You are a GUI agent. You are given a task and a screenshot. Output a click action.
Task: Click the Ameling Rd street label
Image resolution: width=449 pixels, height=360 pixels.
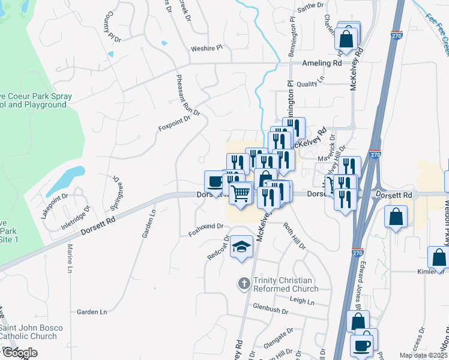(322, 62)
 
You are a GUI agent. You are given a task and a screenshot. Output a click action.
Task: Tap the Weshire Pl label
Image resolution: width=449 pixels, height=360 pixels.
(206, 47)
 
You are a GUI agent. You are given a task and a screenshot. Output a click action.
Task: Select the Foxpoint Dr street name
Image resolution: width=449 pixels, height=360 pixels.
(173, 123)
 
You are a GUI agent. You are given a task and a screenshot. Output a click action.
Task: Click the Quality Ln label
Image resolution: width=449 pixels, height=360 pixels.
(310, 84)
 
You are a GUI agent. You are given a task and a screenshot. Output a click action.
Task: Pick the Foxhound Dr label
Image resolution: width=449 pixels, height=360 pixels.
(205, 227)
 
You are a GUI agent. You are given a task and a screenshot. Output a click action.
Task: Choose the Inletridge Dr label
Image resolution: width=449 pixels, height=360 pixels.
(76, 218)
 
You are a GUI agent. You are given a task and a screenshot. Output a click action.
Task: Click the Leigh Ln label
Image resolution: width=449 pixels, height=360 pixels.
(302, 302)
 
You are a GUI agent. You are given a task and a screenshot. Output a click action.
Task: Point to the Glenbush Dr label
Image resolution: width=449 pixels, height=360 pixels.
(271, 310)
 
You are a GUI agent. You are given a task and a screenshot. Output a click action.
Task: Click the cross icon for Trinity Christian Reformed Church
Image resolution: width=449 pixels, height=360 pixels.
(244, 284)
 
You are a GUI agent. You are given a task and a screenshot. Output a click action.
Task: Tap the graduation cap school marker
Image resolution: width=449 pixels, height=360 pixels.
(242, 247)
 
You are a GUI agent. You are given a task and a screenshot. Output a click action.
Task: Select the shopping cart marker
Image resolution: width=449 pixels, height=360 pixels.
(240, 194)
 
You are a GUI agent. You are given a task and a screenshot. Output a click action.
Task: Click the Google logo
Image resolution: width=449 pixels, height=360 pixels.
(19, 353)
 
